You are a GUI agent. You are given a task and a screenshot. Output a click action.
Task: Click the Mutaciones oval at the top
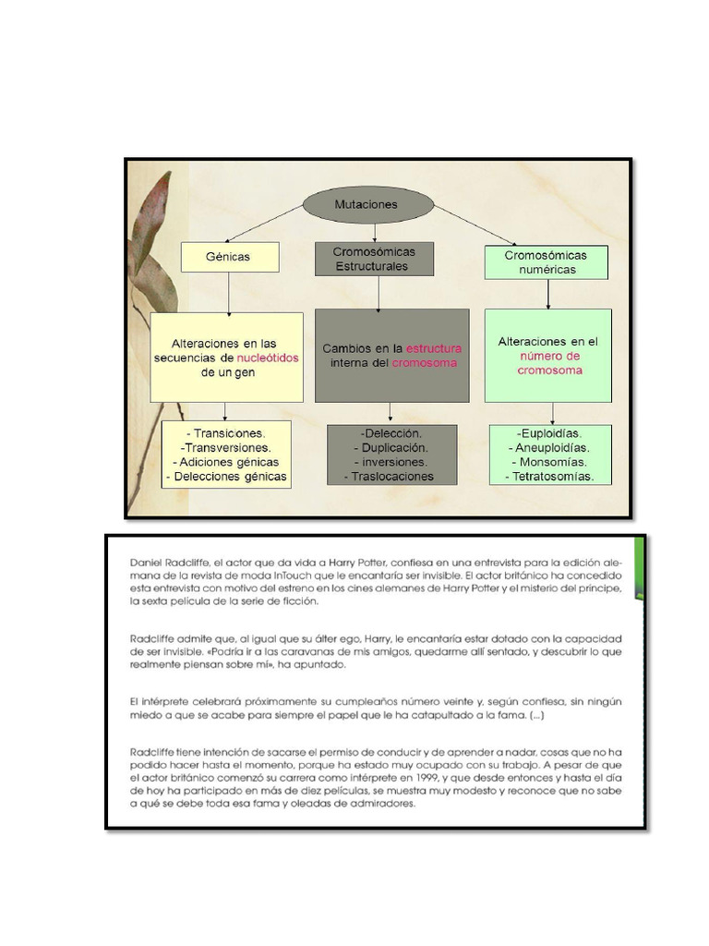pos(367,205)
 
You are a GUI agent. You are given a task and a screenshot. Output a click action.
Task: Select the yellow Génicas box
pos(229,257)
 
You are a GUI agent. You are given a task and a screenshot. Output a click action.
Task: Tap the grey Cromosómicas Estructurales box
pos(374,259)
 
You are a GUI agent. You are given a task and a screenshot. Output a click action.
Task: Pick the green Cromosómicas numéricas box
pos(546,262)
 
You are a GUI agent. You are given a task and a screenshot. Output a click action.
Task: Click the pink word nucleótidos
pos(268,358)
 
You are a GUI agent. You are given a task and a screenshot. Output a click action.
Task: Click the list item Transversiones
pos(226,447)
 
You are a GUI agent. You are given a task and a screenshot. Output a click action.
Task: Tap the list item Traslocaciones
pos(392,477)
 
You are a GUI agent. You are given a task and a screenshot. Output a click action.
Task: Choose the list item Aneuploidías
pos(551,447)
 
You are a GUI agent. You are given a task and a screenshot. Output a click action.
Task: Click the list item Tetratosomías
pos(550,477)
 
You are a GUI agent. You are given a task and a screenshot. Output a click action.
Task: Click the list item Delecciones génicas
pos(226,477)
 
